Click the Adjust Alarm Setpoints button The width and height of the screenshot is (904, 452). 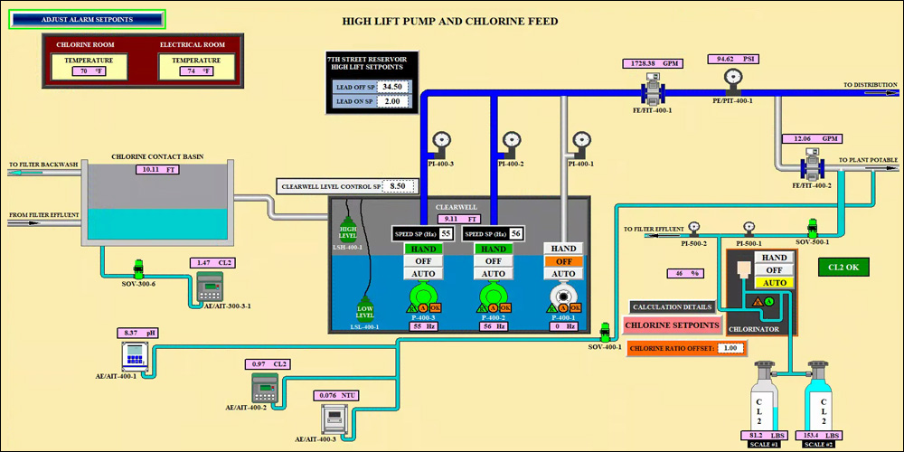(x=87, y=18)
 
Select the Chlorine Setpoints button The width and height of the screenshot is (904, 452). (x=673, y=325)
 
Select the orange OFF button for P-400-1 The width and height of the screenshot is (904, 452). (x=563, y=261)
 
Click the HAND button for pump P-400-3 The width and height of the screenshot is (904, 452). (x=422, y=249)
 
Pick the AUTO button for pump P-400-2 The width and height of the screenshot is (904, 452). (x=493, y=274)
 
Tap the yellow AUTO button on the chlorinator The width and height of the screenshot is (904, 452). (x=775, y=282)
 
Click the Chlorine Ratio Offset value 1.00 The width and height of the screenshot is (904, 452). (x=731, y=348)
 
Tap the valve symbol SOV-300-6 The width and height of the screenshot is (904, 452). (x=139, y=268)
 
